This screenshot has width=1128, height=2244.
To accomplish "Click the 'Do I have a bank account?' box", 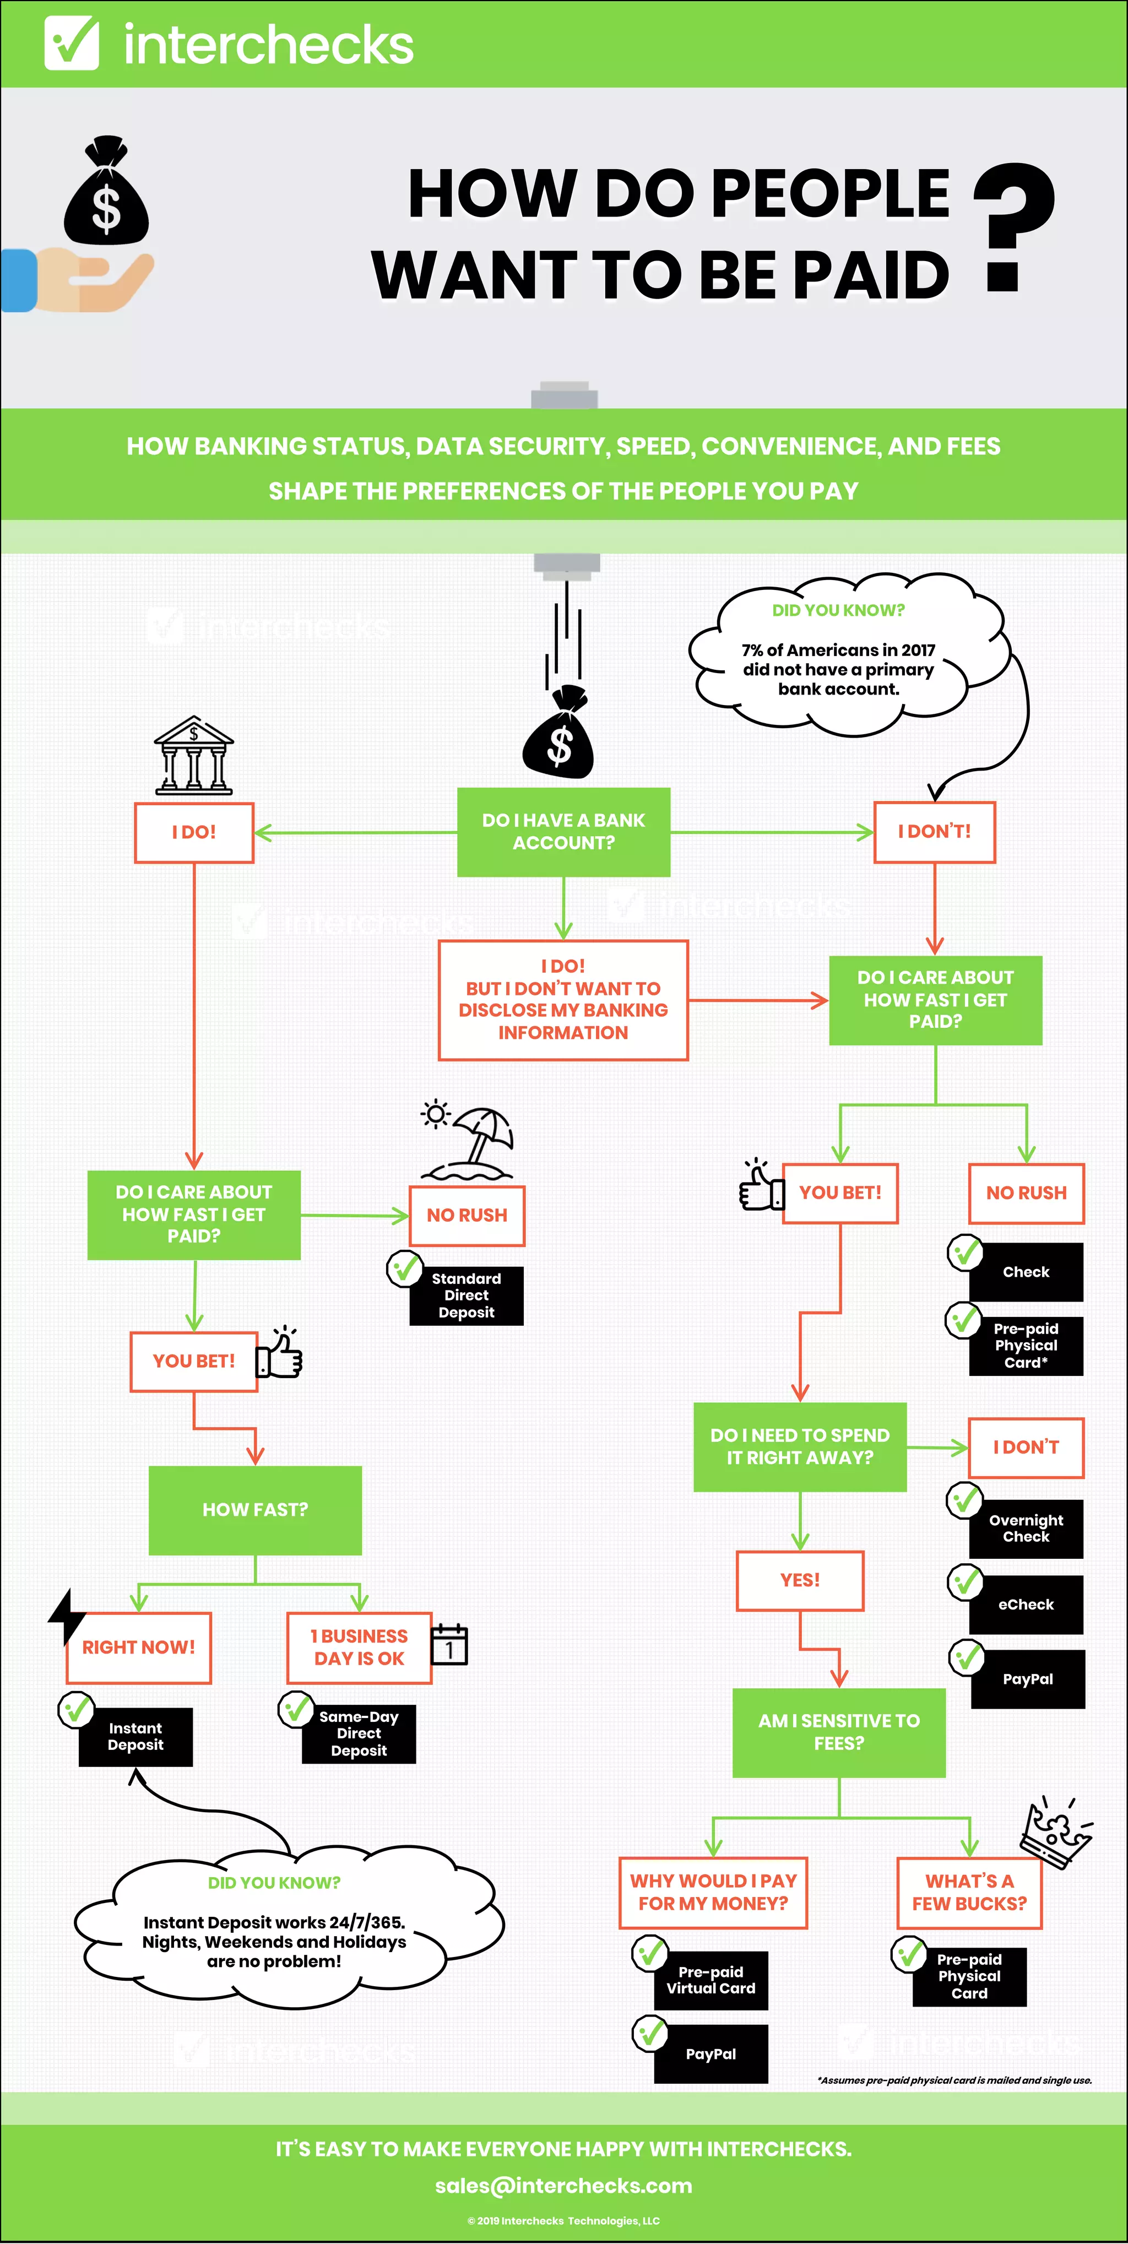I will pos(563,832).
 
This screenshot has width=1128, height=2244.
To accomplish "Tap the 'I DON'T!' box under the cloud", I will pos(935,832).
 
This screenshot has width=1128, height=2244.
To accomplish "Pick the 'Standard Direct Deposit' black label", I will pos(467,1296).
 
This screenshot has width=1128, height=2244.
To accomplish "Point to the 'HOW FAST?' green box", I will pos(255,1510).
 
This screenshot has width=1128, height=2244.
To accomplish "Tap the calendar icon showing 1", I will pos(449,1645).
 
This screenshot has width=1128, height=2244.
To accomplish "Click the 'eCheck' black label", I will pos(1026,1604).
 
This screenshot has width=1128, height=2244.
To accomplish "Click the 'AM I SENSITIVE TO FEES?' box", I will pos(839,1732).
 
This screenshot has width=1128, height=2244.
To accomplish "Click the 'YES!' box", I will pos(800,1580).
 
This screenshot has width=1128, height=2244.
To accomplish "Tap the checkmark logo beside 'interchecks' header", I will pos(72,42).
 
